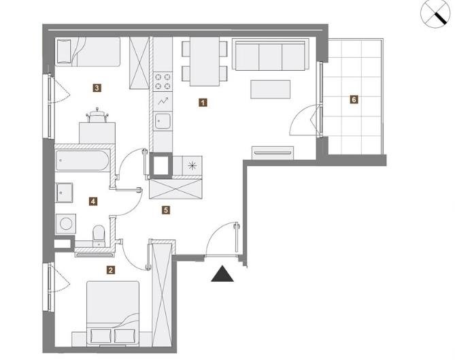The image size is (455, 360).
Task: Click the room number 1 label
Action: pyautogui.click(x=203, y=103)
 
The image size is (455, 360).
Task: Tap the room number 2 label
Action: pyautogui.click(x=111, y=270)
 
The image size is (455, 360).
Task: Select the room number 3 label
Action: pyautogui.click(x=97, y=88)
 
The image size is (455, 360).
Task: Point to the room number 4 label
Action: pyautogui.click(x=93, y=201)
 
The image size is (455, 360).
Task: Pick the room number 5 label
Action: pyautogui.click(x=166, y=210)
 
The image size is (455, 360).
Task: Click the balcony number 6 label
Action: pyautogui.click(x=354, y=99)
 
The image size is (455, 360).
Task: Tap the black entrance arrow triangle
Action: pyautogui.click(x=222, y=274)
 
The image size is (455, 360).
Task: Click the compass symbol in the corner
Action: pyautogui.click(x=435, y=14)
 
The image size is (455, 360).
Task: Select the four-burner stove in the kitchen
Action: pyautogui.click(x=163, y=82)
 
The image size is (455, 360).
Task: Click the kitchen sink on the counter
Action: pyautogui.click(x=163, y=121)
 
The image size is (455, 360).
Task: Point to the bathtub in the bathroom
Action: pyautogui.click(x=82, y=161)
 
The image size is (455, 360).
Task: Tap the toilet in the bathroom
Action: pyautogui.click(x=99, y=236)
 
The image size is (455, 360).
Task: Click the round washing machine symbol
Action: pyautogui.click(x=66, y=224)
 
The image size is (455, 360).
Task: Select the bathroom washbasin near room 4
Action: pyautogui.click(x=64, y=193)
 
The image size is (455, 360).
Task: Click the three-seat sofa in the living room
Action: pyautogui.click(x=271, y=55)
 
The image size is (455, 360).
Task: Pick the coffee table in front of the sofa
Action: pyautogui.click(x=271, y=89)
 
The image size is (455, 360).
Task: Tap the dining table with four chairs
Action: pyautogui.click(x=205, y=61)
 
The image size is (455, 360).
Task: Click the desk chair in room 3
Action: pyautogui.click(x=97, y=115)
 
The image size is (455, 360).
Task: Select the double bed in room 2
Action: pyautogui.click(x=113, y=313)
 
